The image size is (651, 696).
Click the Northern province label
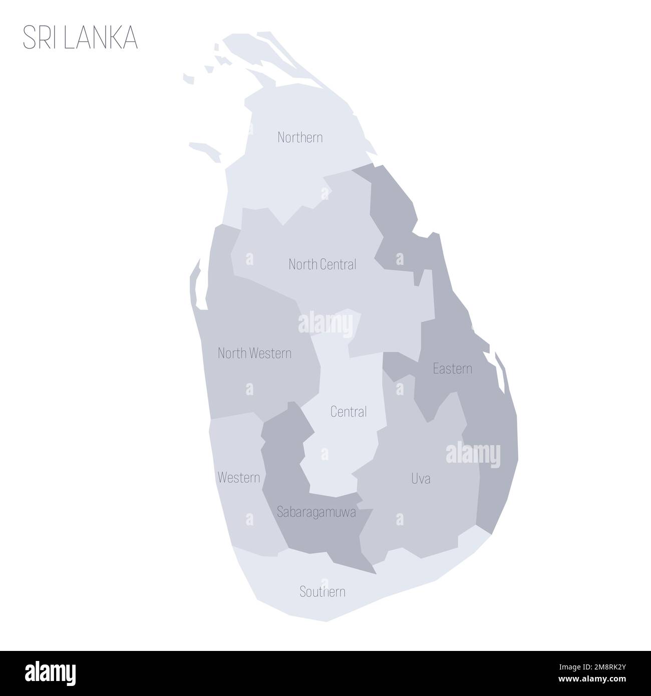click(x=300, y=137)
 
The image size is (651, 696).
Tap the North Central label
click(x=322, y=264)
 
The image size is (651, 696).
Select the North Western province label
click(x=254, y=354)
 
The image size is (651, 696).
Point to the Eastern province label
click(x=452, y=369)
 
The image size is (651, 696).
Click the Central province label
click(x=349, y=412)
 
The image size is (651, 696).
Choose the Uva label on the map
click(x=421, y=479)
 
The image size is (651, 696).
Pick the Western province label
click(x=239, y=478)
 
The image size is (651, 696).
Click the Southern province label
click(x=322, y=592)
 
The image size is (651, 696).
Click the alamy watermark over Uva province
click(x=473, y=455)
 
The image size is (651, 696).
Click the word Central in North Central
click(x=340, y=264)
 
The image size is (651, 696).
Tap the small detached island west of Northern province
click(x=205, y=149)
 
